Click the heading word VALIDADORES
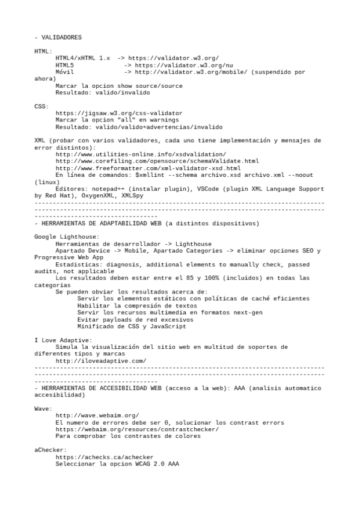[61, 37]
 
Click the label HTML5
[65, 65]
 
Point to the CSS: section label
[41, 106]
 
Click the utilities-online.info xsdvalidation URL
[141, 155]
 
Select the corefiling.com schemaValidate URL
[157, 162]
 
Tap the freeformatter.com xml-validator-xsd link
[148, 169]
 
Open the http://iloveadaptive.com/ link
[101, 361]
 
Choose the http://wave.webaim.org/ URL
[97, 416]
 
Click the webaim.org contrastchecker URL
[137, 429]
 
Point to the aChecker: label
[50, 450]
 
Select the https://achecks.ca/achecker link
[105, 457]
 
